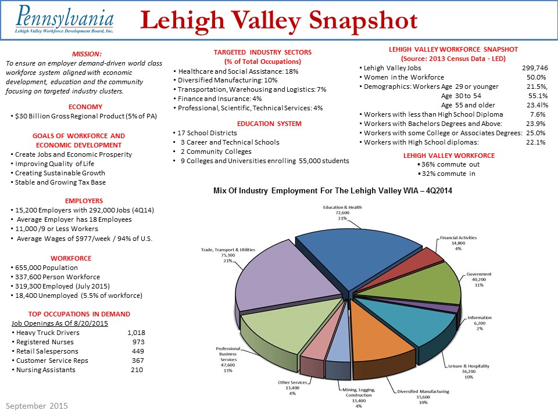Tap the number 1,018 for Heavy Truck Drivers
tap(135, 333)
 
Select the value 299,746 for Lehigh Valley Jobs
tap(535, 67)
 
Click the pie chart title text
tap(332, 190)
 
